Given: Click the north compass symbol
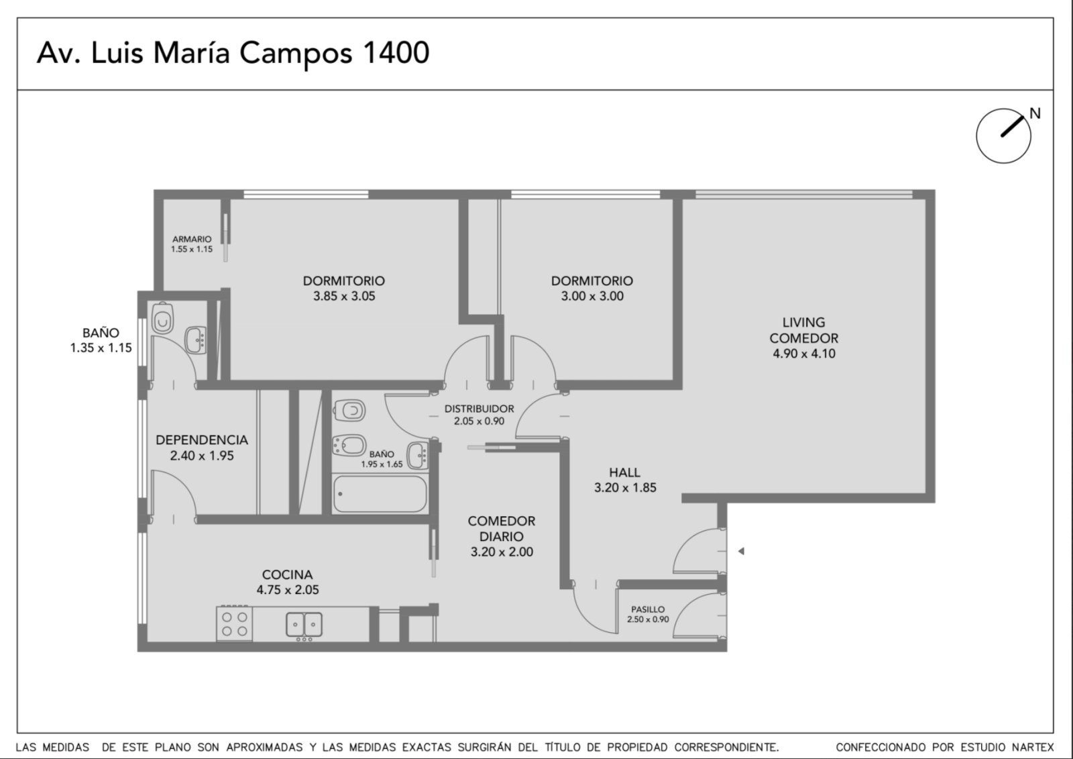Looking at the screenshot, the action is pos(1003,136).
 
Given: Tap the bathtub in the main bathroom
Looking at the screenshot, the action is pos(380,494).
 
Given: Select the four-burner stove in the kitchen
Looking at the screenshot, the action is pos(235,624).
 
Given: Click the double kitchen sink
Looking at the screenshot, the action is pos(304,625).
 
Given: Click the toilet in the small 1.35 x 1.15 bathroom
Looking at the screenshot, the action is pos(162,318).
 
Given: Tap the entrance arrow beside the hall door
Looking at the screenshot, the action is pos(741,552).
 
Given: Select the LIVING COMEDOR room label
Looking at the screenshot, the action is pos(804,330).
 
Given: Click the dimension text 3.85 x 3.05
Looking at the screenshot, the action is pos(344,297).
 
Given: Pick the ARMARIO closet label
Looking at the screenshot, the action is pos(192,239).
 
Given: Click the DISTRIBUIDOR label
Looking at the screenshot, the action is pos(479,409).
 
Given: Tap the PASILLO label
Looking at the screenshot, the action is pos(648,609).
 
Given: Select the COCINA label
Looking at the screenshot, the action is pos(288,574).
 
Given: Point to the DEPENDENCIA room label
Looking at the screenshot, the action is pos(202,440).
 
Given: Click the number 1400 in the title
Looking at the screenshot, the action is pos(396,53).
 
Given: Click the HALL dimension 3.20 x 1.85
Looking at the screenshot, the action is pos(625,488).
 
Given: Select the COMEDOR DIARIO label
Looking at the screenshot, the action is pos(502,529).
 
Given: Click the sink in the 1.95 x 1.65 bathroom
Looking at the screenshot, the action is pos(416,456).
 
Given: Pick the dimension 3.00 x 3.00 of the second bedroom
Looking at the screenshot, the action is pos(592,297).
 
